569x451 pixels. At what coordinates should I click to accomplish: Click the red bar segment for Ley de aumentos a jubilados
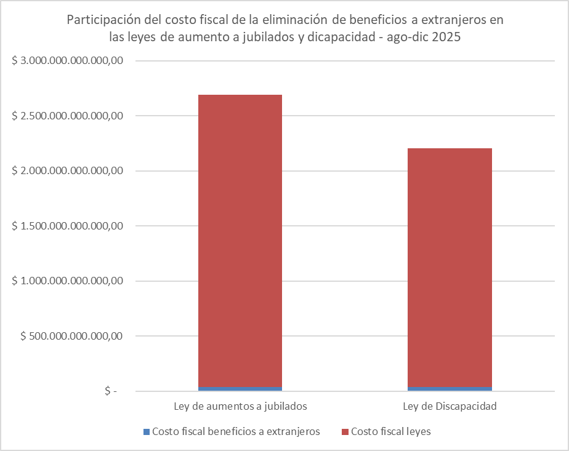[x=240, y=240]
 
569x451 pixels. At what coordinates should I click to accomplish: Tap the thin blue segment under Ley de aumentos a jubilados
[x=240, y=389]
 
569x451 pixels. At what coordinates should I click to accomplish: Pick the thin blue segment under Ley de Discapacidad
[x=450, y=389]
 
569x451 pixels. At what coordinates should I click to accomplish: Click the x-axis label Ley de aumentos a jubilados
[x=240, y=407]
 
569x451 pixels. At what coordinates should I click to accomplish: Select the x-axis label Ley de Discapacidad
[x=450, y=407]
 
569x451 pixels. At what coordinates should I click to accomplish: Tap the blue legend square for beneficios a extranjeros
[x=146, y=432]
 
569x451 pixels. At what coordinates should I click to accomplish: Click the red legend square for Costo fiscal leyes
[x=345, y=432]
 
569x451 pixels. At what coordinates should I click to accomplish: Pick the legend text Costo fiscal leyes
[x=391, y=432]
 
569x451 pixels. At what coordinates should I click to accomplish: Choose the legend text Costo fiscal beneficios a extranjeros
[x=236, y=432]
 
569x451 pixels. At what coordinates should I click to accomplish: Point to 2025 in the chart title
[x=446, y=36]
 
